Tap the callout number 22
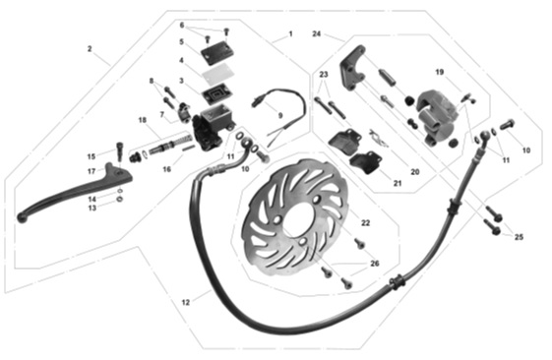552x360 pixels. point(365,223)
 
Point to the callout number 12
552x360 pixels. point(186,302)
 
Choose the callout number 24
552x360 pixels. point(317,34)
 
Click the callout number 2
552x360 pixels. point(90,49)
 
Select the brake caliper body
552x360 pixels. point(436,116)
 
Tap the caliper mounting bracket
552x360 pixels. point(352,69)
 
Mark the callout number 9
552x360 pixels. point(280,115)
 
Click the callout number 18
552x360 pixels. point(143,120)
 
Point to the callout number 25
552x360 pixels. point(519,237)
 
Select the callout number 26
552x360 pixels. point(375,264)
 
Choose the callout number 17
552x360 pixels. point(92,171)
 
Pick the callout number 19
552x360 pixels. point(440,72)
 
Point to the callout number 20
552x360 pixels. point(415,172)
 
